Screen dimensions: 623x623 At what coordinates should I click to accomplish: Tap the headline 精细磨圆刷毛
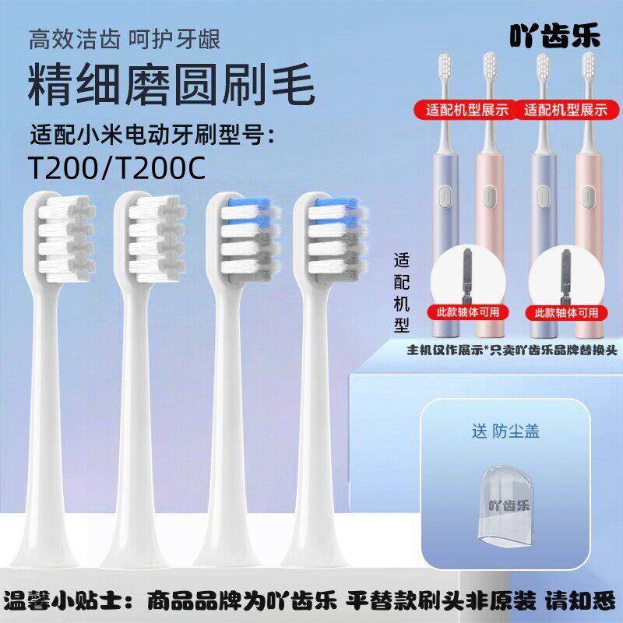point(171,86)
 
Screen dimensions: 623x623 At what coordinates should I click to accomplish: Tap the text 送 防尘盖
point(505,431)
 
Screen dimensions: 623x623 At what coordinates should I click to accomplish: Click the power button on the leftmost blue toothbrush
point(445,199)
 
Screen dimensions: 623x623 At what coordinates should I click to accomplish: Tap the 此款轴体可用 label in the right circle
point(566,312)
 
